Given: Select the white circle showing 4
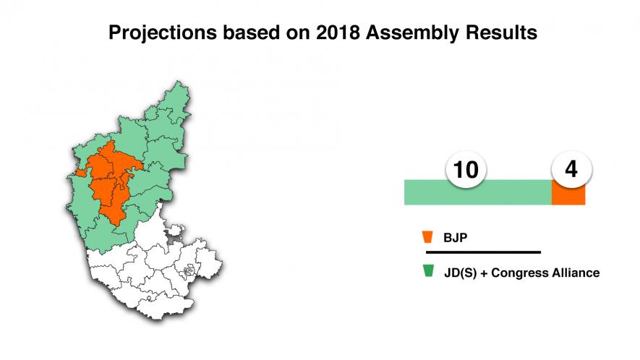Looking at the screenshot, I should (571, 169).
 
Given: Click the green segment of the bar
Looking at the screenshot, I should (477, 194).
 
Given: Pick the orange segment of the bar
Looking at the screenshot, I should (568, 195).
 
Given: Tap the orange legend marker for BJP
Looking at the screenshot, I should (427, 236).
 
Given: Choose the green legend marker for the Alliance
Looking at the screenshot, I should (427, 272).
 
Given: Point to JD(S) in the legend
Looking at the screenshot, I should (458, 273).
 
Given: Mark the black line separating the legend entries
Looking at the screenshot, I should (483, 252).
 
